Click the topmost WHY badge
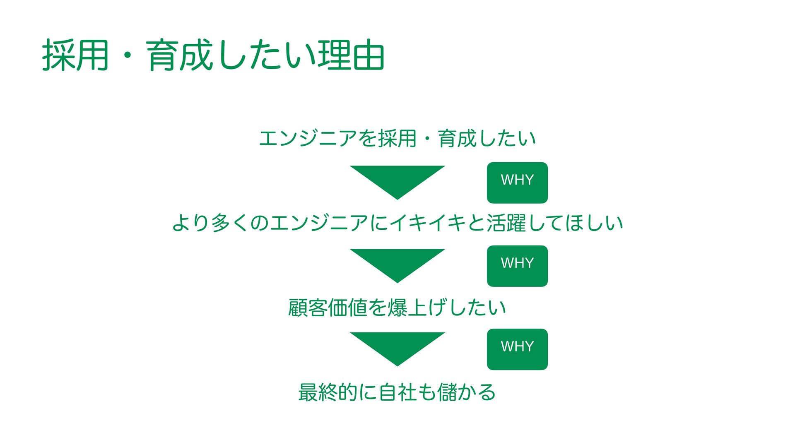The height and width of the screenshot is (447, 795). (517, 183)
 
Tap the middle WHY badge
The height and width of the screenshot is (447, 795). (517, 266)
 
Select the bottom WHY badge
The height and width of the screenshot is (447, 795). (517, 349)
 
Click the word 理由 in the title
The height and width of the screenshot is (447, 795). (351, 55)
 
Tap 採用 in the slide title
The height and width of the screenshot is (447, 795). (75, 55)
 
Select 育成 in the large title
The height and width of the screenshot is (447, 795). (180, 55)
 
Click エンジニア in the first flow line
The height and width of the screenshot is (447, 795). (308, 138)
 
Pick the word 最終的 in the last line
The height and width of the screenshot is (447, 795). (328, 392)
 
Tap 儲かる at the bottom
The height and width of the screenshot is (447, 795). (466, 392)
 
